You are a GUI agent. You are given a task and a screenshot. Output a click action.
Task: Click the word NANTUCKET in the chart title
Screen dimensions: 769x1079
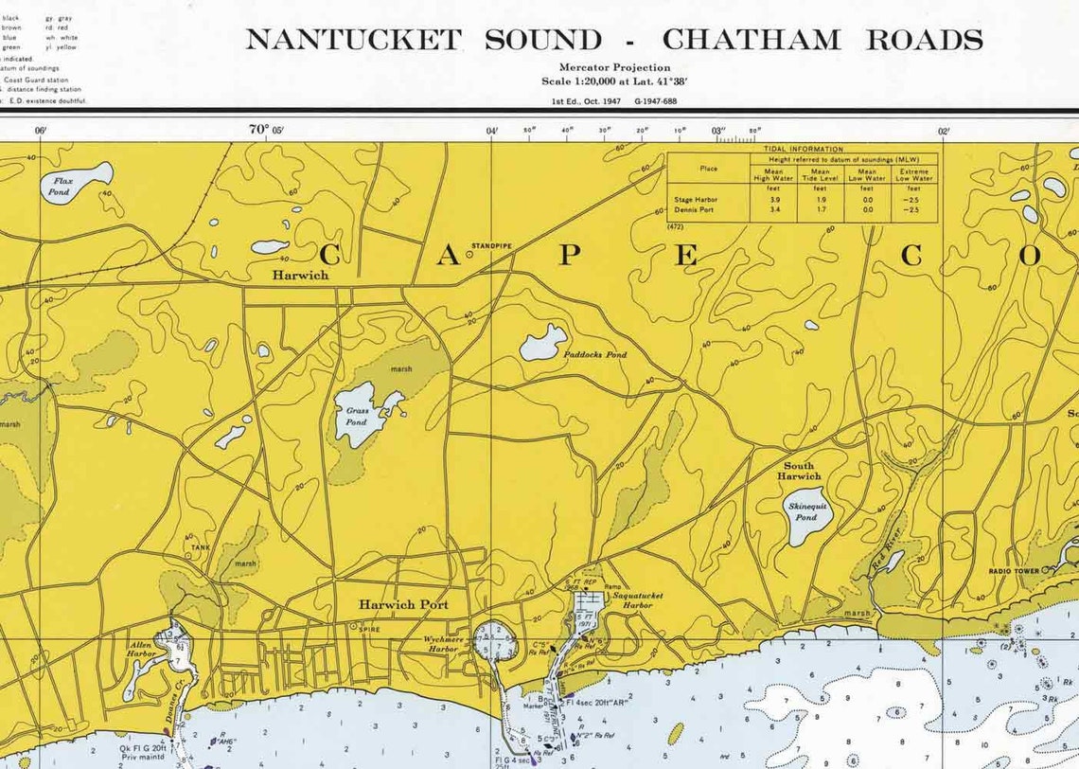pos(353,40)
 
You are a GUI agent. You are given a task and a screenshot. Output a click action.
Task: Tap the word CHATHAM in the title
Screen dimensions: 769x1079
pos(751,40)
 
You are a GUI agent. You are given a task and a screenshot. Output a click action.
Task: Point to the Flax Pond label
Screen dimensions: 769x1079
pos(62,186)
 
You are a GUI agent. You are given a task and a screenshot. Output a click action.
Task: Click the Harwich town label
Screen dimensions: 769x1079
pos(300,275)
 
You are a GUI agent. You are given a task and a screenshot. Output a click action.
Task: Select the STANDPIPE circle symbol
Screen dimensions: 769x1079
pos(469,254)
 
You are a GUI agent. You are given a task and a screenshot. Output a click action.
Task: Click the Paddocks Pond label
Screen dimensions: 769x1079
pos(595,355)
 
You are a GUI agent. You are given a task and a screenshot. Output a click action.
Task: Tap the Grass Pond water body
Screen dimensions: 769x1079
pos(360,414)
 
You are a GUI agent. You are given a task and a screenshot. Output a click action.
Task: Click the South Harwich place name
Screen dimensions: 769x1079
pos(799,471)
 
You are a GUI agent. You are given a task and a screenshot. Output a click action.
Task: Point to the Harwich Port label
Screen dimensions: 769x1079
pos(403,604)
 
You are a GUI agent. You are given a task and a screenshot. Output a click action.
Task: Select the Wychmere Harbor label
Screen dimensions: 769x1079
pos(443,644)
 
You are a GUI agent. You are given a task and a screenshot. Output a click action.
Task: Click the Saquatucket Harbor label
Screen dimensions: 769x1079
pos(631,599)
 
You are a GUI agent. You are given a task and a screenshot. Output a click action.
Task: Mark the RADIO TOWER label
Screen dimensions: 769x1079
pos(1014,571)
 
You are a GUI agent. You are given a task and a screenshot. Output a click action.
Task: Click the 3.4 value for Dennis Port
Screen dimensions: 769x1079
pos(773,209)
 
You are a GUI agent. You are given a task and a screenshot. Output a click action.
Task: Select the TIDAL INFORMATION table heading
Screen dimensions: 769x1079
pos(803,149)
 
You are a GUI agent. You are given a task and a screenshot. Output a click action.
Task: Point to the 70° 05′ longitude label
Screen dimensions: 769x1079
pos(266,130)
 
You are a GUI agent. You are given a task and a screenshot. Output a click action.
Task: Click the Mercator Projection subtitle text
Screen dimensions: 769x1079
pos(614,67)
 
